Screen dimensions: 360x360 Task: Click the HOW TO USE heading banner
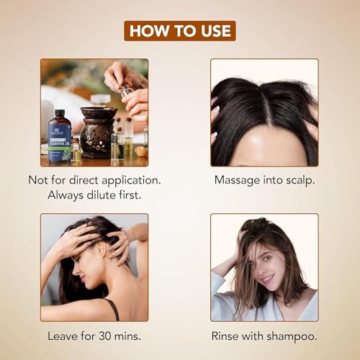(x=180, y=31)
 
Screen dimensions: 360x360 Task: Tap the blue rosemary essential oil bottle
(x=60, y=136)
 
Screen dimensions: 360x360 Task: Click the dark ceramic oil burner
(x=97, y=132)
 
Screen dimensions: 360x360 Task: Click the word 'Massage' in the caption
(x=237, y=181)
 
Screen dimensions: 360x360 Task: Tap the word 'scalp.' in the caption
(x=300, y=181)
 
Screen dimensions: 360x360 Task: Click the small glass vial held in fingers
(x=127, y=91)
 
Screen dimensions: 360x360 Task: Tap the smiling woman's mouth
(x=267, y=279)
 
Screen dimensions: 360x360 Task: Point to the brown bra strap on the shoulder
(x=114, y=310)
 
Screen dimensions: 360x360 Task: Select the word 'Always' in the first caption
(x=66, y=195)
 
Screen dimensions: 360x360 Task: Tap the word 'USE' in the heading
(x=216, y=31)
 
